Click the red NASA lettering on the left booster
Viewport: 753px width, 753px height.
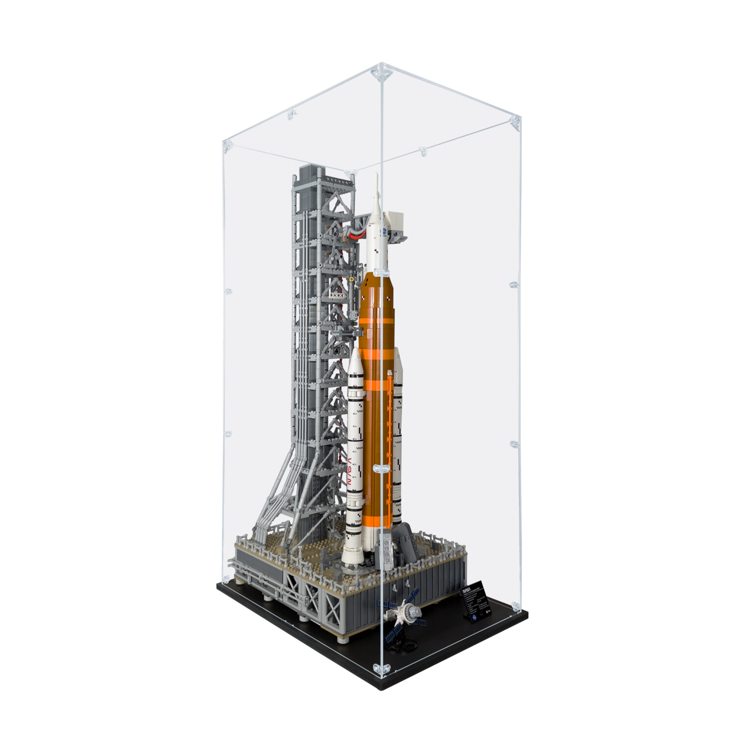[x=350, y=468]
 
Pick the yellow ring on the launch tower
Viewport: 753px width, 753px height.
[x=351, y=278]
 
